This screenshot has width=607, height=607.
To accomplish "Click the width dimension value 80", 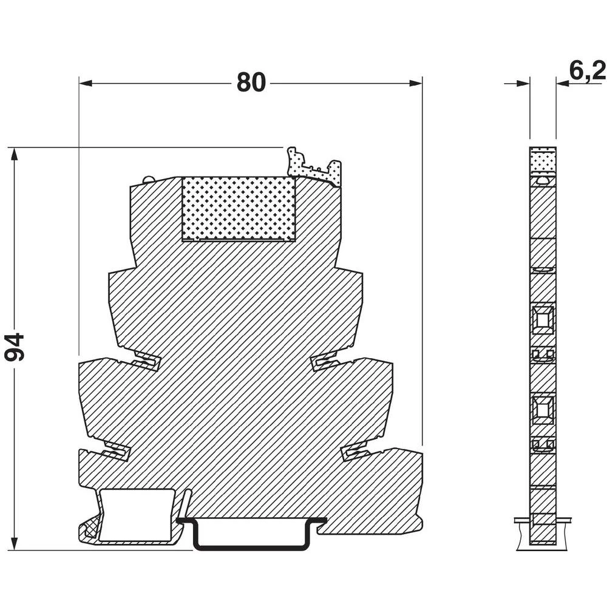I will (251, 83).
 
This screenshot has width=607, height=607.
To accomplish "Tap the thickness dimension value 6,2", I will (587, 71).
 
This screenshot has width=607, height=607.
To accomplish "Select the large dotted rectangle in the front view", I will (238, 208).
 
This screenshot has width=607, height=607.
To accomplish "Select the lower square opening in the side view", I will (542, 409).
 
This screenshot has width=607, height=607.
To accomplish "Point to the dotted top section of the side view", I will (542, 160).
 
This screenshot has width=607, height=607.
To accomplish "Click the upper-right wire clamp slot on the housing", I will (326, 362).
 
